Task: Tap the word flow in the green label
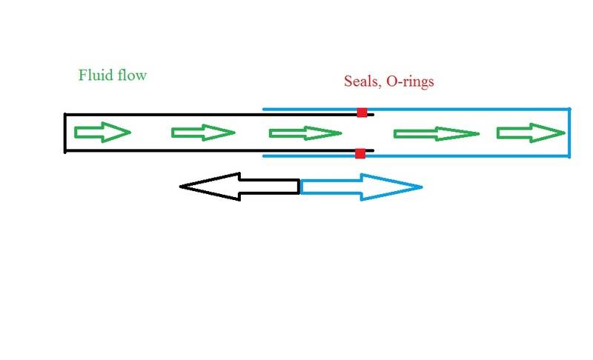click(x=132, y=75)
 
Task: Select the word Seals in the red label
click(x=362, y=81)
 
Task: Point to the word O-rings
click(x=410, y=81)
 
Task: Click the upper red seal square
click(x=362, y=112)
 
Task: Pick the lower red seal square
click(x=360, y=153)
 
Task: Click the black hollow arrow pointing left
click(x=239, y=187)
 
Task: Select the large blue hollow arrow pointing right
click(x=361, y=187)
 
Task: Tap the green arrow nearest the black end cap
click(x=102, y=132)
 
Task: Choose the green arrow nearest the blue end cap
click(x=531, y=133)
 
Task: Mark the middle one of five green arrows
click(x=305, y=133)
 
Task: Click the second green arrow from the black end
click(x=203, y=133)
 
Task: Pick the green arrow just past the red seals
click(x=437, y=134)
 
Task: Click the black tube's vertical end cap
click(x=65, y=133)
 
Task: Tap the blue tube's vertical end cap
click(x=569, y=133)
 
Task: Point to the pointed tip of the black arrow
click(x=179, y=186)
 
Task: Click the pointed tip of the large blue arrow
click(x=422, y=187)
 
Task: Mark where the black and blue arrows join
click(x=299, y=187)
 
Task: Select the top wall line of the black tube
click(x=219, y=115)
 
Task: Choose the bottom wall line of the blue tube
click(x=417, y=156)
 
